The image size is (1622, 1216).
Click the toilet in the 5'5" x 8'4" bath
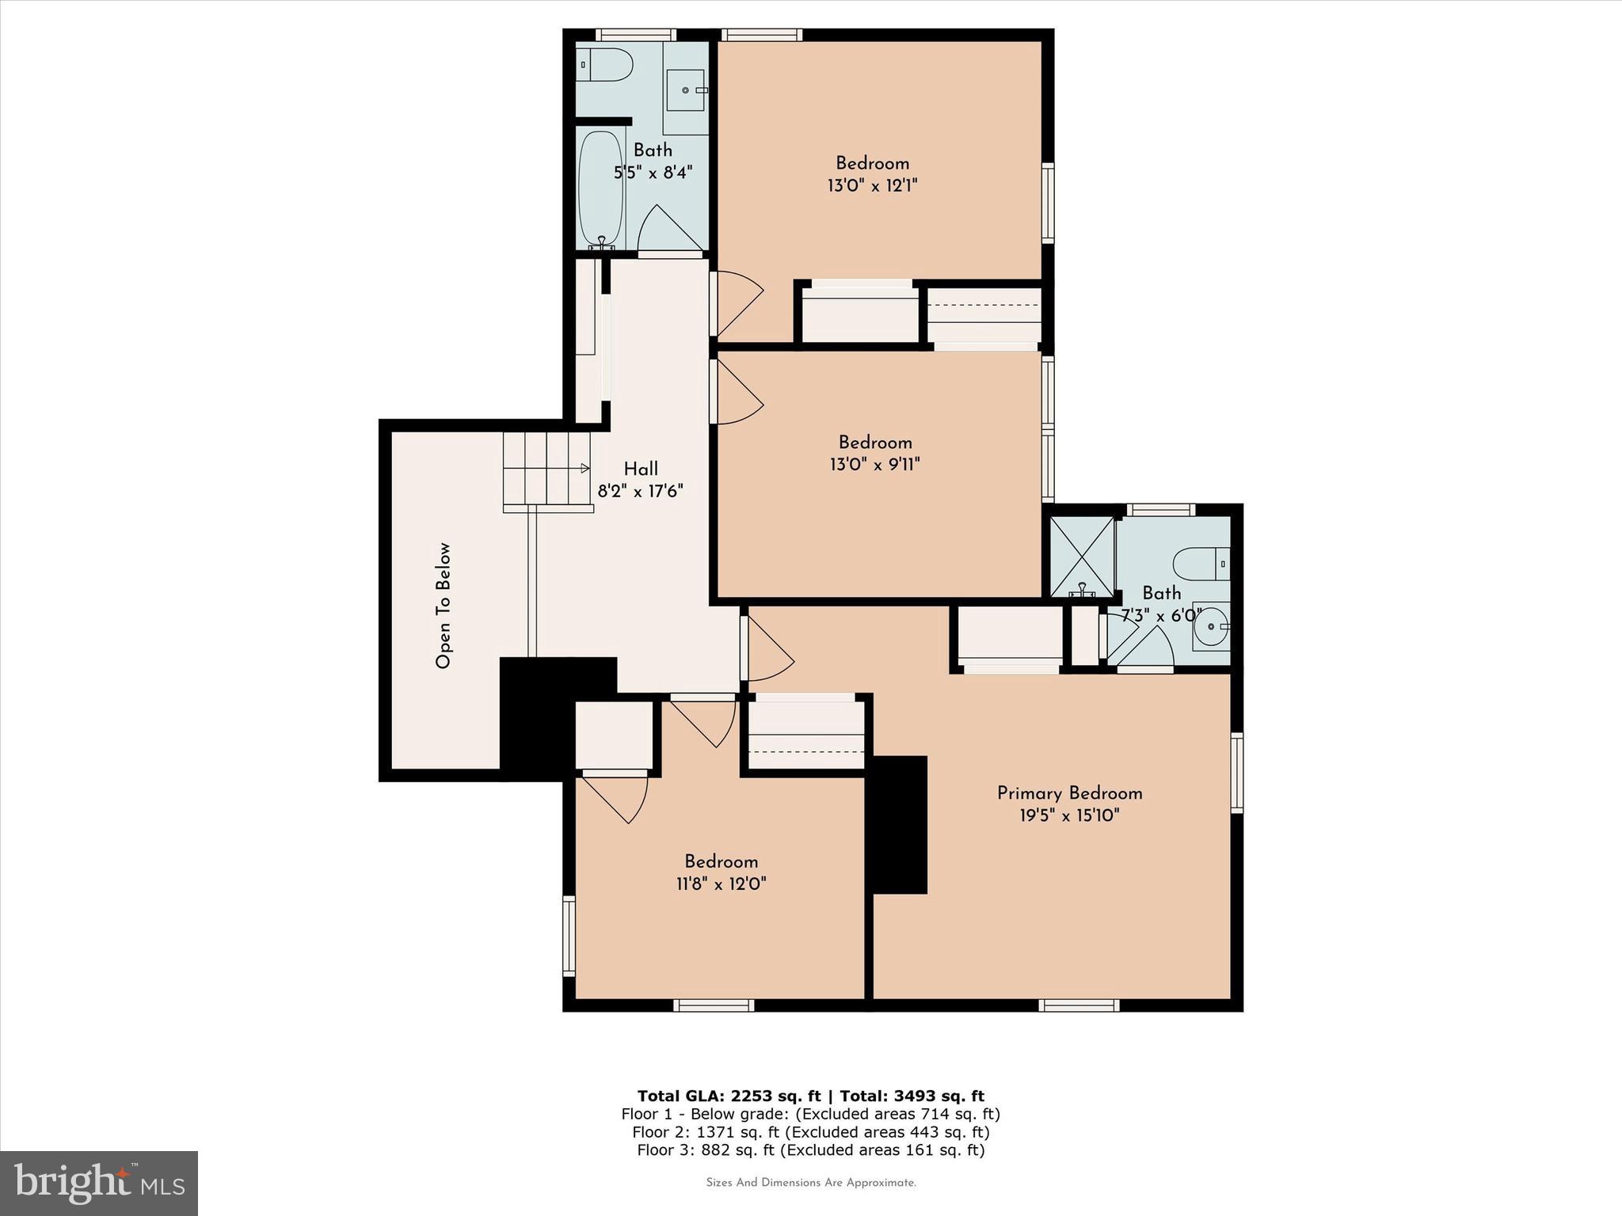[x=604, y=64]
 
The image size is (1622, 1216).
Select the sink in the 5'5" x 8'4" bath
[x=686, y=90]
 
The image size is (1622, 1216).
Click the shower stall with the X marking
[x=1081, y=557]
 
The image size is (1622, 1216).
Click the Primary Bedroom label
[x=1069, y=793]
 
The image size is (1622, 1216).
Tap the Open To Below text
[x=443, y=605]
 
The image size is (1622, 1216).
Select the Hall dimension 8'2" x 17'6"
[x=640, y=491]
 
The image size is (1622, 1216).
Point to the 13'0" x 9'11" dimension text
[x=874, y=464]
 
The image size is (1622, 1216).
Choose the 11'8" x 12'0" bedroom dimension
[x=721, y=883]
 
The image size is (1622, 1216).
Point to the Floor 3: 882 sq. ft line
[x=810, y=1150]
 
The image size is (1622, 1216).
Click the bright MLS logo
[x=99, y=1183]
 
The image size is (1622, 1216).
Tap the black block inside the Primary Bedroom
[x=900, y=824]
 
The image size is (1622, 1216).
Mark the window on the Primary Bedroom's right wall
[x=1236, y=772]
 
